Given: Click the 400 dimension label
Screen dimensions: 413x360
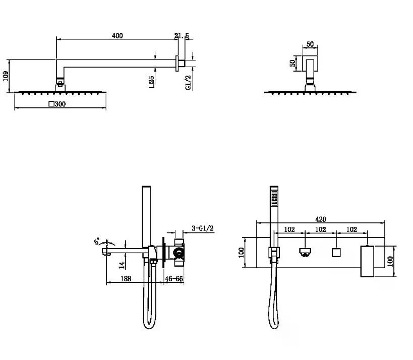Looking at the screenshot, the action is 117,36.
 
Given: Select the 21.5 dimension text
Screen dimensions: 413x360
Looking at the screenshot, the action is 182,36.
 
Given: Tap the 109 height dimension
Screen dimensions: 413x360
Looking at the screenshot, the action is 6,76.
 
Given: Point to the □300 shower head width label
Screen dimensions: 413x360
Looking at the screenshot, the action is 57,104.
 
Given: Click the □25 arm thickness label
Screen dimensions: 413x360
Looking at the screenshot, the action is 151,82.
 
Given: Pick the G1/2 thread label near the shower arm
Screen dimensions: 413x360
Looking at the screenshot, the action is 188,82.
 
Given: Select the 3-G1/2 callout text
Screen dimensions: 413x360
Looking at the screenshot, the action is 203,228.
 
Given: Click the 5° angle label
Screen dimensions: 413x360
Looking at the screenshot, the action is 97,241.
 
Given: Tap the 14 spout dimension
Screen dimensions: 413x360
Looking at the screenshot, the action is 122,265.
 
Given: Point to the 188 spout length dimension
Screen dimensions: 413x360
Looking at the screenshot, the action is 126,279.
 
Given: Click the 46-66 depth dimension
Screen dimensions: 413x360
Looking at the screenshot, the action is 174,279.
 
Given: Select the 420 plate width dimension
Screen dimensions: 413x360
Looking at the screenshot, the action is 321,219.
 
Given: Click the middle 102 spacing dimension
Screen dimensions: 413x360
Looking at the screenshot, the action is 321,229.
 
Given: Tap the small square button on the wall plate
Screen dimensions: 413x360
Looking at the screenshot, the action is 336,253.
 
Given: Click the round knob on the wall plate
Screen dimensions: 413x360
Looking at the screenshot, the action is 305,252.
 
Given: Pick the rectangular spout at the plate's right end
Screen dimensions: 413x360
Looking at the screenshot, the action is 367,261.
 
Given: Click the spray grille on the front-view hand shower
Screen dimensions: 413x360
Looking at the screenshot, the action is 274,200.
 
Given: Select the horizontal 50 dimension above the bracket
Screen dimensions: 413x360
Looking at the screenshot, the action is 310,44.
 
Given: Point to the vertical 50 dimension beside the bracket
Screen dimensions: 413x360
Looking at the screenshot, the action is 292,63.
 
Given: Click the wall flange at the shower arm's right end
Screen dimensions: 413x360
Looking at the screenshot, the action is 177,63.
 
